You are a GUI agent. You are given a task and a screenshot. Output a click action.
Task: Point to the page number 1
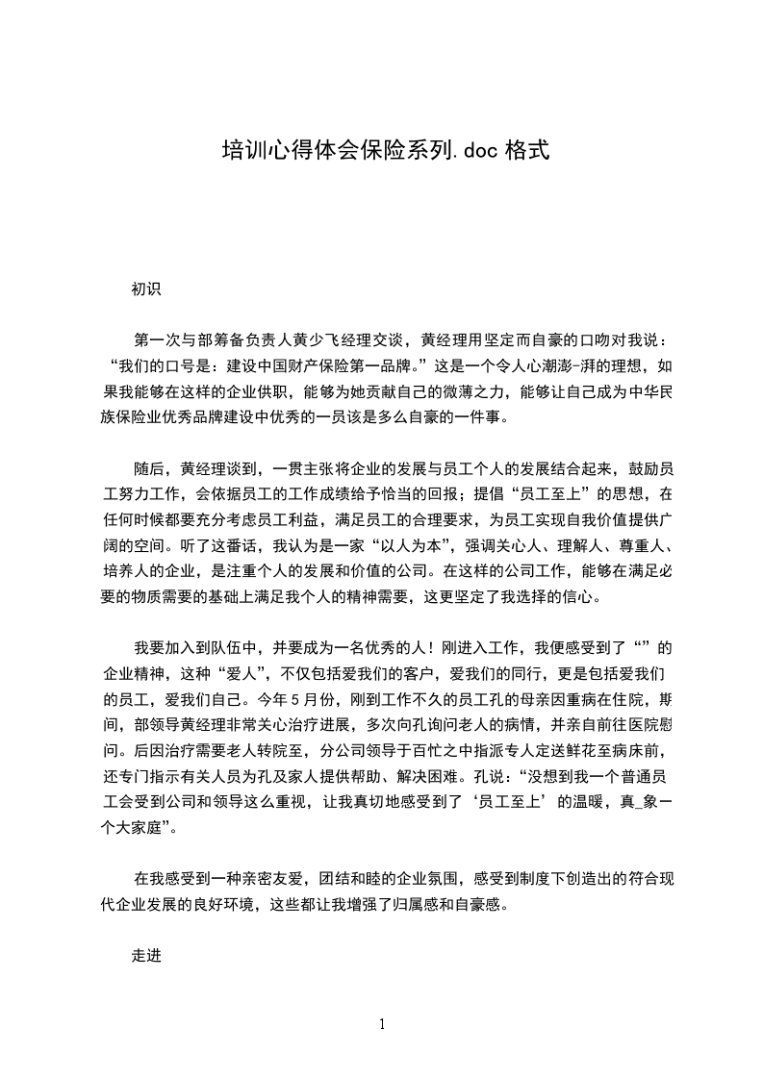382,1024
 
